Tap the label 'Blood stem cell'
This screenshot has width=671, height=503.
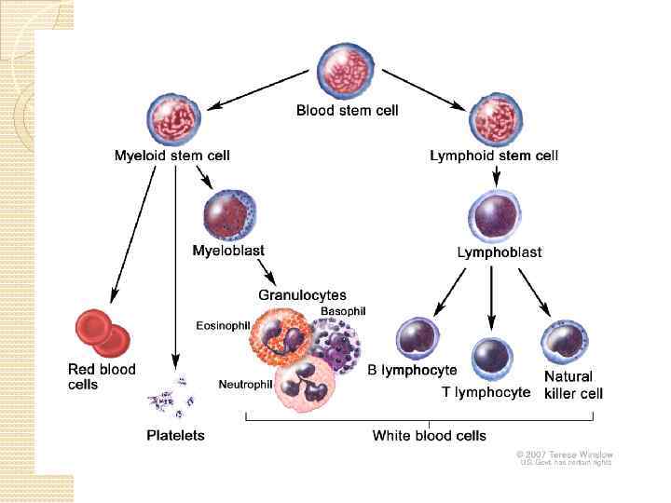(347, 111)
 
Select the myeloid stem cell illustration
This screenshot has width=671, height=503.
(173, 118)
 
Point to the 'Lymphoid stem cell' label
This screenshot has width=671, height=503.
(494, 156)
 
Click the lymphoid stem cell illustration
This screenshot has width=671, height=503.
(494, 118)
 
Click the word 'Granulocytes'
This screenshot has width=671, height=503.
(302, 295)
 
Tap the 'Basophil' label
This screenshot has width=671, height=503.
(343, 310)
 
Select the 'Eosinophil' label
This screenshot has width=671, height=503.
(221, 325)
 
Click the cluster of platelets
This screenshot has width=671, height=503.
(172, 396)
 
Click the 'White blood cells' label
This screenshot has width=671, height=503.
(429, 435)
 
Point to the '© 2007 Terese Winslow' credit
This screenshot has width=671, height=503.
(566, 454)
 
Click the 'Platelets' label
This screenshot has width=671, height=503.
(175, 435)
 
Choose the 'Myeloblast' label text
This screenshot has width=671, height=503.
(228, 250)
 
